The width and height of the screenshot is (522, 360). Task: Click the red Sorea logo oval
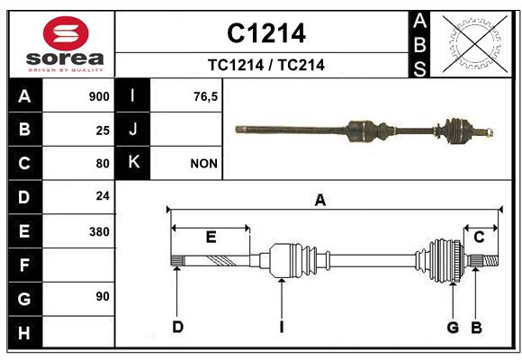coord(66,33)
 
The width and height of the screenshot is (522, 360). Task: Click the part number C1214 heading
coord(266,33)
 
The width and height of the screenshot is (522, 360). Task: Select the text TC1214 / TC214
coord(266,65)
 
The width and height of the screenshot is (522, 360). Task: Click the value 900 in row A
coord(99,96)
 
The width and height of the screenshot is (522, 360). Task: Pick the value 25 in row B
coord(103,130)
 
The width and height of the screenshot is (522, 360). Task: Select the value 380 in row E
coord(99,231)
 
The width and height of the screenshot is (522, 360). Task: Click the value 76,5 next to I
coord(206,96)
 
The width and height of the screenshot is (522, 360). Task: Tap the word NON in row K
coord(204,164)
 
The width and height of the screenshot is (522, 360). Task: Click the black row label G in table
coord(24,299)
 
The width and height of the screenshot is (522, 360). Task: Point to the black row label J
coord(132,129)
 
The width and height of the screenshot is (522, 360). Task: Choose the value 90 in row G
coord(103,296)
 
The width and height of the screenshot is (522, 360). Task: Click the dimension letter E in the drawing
coord(211,237)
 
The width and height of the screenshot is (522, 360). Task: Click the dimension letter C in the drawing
coord(479,237)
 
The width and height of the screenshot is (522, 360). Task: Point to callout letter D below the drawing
coord(178,327)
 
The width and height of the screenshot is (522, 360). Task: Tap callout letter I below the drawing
coord(282,327)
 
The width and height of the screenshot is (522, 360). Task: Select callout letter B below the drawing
coord(476,327)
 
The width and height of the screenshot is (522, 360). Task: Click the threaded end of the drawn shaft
coord(490,260)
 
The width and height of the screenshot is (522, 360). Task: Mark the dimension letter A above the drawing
coord(319,200)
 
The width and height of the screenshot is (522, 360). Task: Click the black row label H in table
coord(24,332)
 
